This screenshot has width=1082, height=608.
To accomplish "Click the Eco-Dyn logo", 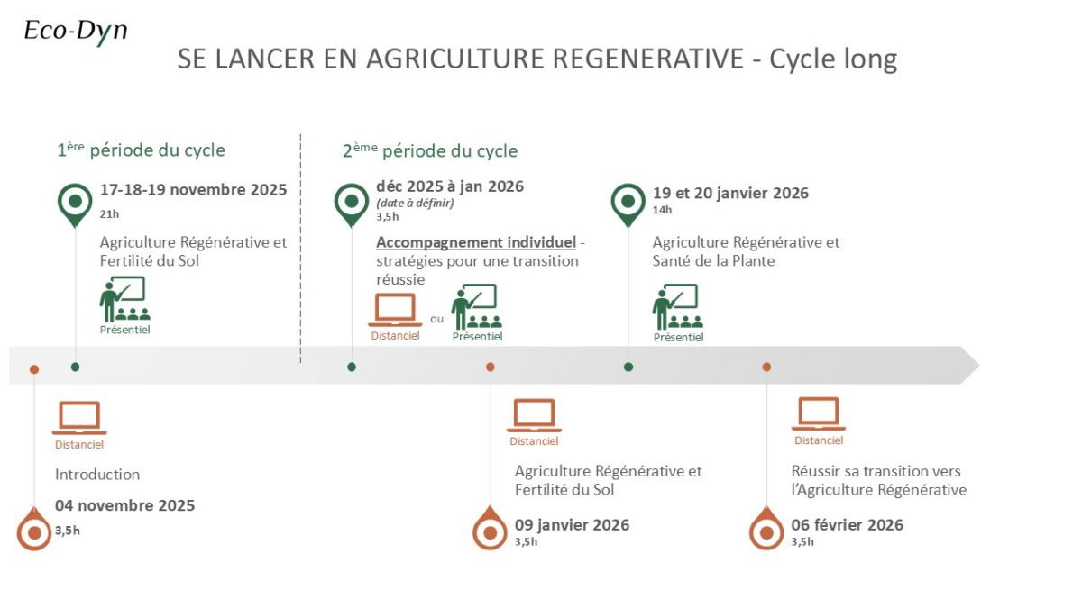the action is (76, 32).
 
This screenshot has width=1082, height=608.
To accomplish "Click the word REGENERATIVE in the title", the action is (647, 59).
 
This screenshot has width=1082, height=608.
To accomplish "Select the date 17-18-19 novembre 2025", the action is (193, 190).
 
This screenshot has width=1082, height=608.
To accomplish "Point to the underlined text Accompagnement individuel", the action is (476, 242).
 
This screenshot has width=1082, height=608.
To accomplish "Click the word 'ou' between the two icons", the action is (436, 319).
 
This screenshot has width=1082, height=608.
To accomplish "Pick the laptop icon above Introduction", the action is (79, 418).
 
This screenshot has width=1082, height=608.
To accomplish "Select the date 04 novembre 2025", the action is (124, 505).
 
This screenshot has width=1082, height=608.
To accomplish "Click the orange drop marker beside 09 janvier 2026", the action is (490, 528).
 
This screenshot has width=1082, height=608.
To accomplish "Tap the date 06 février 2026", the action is (847, 524).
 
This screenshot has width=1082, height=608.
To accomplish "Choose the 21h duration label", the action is (109, 213).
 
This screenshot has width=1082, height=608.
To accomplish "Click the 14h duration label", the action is (662, 210).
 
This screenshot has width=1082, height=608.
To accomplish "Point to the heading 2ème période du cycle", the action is (430, 150).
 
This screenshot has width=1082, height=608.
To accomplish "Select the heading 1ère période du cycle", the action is (141, 150).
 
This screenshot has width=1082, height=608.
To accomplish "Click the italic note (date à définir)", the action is (415, 204).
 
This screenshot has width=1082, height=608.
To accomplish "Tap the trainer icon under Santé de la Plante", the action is (678, 307).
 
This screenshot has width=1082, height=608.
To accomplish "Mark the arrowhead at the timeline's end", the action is (978, 366).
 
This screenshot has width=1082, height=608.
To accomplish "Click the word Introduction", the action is (97, 475).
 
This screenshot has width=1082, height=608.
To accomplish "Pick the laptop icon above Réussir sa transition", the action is (819, 413).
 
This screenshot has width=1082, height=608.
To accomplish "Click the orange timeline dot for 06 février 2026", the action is (766, 368).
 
